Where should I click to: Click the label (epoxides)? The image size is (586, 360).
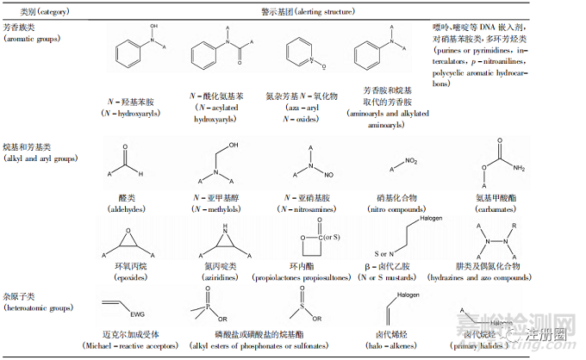point(129,279)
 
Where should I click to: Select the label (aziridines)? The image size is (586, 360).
point(215,279)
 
